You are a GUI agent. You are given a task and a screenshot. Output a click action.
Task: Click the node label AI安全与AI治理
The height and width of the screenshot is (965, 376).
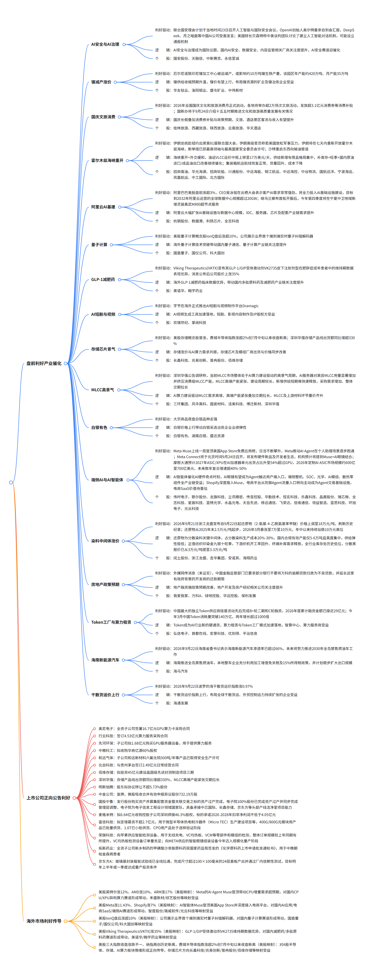pyautogui.click(x=105, y=44)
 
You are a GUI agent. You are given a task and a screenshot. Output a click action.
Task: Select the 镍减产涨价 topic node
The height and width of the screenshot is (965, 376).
pyautogui.click(x=101, y=82)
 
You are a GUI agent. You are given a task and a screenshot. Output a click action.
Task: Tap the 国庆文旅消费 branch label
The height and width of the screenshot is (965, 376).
pyautogui.click(x=103, y=117)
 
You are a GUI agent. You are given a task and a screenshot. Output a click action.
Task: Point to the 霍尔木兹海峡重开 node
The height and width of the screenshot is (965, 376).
pyautogui.click(x=107, y=160)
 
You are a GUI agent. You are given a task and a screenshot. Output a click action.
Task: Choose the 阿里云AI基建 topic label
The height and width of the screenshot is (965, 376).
pyautogui.click(x=103, y=207)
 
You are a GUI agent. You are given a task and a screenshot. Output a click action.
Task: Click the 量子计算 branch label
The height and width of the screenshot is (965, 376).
pyautogui.click(x=99, y=245)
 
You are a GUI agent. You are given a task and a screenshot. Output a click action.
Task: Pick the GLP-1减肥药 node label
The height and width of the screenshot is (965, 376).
pyautogui.click(x=103, y=279)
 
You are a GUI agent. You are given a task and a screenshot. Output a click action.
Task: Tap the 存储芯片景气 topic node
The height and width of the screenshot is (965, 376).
pyautogui.click(x=103, y=349)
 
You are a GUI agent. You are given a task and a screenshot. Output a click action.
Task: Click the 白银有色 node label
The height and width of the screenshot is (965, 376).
pyautogui.click(x=99, y=427)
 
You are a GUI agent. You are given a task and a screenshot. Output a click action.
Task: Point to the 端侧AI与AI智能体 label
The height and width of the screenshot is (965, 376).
pyautogui.click(x=107, y=480)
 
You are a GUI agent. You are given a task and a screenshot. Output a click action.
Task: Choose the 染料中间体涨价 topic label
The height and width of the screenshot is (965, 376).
pyautogui.click(x=105, y=541)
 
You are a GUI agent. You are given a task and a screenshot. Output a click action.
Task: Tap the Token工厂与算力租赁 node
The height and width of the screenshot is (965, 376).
pyautogui.click(x=111, y=622)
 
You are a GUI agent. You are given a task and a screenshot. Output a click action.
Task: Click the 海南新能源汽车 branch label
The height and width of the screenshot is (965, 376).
pyautogui.click(x=105, y=660)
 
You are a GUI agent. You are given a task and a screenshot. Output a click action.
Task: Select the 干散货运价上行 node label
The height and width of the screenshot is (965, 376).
pyautogui.click(x=105, y=695)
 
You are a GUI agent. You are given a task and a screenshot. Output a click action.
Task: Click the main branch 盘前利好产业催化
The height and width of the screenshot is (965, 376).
pyautogui.click(x=44, y=363)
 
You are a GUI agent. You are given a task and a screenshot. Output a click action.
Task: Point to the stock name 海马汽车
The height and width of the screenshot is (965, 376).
pyautogui.click(x=181, y=671)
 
